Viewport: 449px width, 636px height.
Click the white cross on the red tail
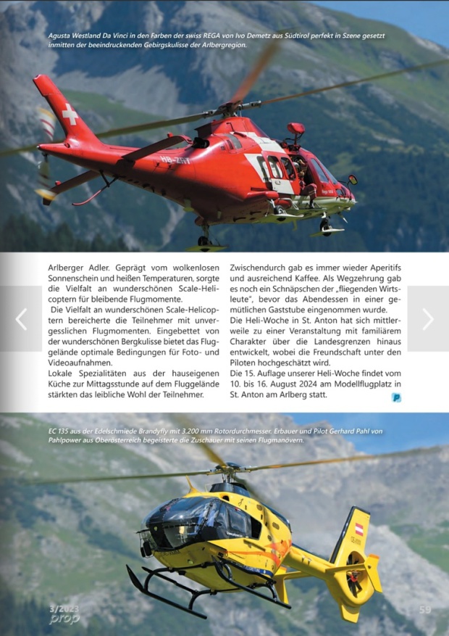[x=70, y=114]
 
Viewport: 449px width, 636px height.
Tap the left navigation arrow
[x=21, y=318]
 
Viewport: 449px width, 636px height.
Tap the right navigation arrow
[x=428, y=318]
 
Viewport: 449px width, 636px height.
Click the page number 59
[x=425, y=610]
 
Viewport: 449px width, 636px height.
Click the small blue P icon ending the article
[x=396, y=397]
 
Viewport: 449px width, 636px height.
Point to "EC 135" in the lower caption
[x=62, y=431]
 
